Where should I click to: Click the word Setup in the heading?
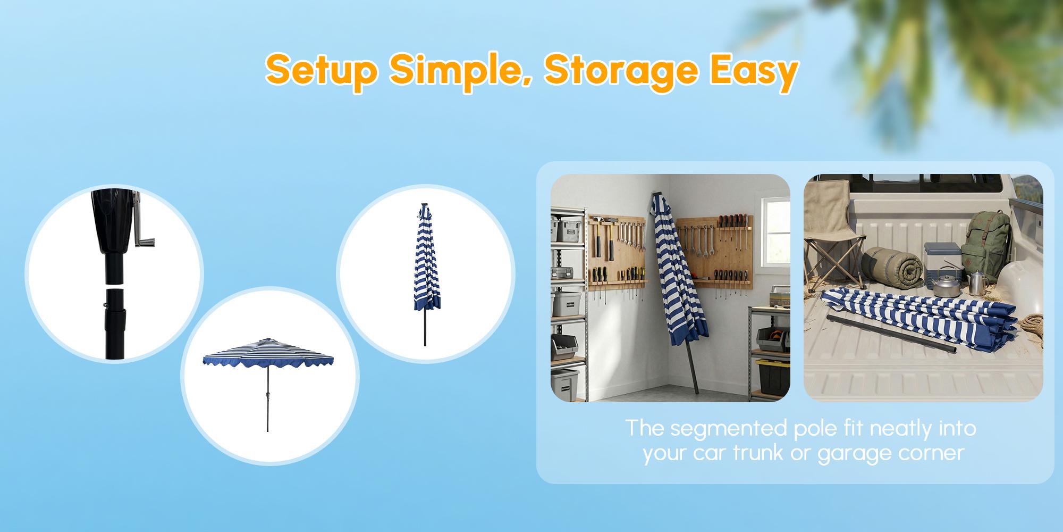click(322, 71)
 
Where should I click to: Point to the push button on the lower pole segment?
click(105, 305)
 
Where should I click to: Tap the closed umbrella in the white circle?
click(426, 274)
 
